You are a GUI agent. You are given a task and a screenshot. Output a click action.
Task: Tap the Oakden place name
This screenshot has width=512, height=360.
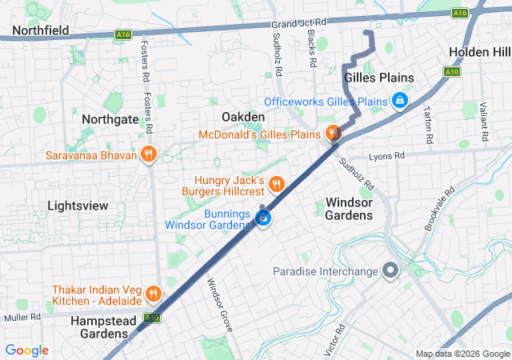point(242,117)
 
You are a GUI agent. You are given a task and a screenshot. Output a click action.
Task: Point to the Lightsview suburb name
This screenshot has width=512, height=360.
point(78,206)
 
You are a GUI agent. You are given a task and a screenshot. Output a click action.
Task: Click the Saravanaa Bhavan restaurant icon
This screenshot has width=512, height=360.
point(147,155)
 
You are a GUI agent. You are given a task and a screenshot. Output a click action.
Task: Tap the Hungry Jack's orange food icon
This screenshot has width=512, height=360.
point(276,185)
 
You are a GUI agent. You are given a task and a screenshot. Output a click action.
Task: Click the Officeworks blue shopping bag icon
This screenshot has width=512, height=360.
point(400,102)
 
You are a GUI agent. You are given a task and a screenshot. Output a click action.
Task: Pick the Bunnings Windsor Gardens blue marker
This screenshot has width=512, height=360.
point(263,218)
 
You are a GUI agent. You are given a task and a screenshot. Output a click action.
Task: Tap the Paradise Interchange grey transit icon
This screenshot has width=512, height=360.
point(390,272)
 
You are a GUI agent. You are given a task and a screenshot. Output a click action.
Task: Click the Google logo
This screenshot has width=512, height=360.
point(27,350)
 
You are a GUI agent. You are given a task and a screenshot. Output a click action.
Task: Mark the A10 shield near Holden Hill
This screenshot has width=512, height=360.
point(452,72)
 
